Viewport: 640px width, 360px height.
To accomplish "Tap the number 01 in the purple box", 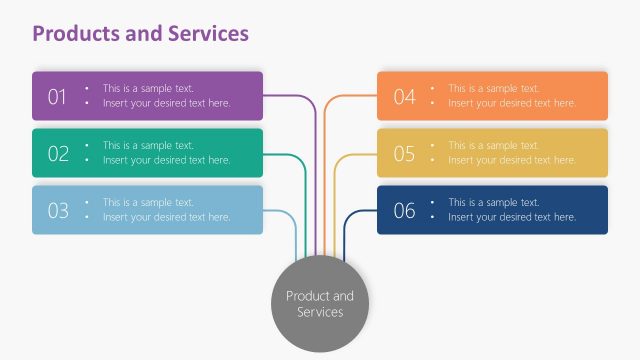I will click(x=57, y=97).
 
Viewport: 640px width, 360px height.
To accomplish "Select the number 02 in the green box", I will click(x=57, y=153).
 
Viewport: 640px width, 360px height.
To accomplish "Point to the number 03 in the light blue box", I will click(x=57, y=210).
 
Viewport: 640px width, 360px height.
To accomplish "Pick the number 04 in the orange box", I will click(x=404, y=97).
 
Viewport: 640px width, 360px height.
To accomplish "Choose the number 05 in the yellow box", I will click(x=404, y=153).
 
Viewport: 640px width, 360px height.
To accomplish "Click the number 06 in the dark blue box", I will click(x=404, y=210).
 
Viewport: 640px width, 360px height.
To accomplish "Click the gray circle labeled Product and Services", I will click(x=320, y=304).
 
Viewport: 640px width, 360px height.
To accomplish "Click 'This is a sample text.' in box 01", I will click(x=148, y=88).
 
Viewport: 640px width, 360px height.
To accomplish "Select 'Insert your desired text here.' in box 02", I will click(x=166, y=160).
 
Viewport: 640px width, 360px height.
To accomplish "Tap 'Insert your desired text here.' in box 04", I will click(x=512, y=103).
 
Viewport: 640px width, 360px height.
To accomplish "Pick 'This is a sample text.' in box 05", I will click(x=493, y=145).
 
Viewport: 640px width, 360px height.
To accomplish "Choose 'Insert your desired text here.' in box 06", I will click(x=512, y=217).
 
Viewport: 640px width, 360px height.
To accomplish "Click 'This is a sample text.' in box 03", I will click(x=148, y=202).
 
